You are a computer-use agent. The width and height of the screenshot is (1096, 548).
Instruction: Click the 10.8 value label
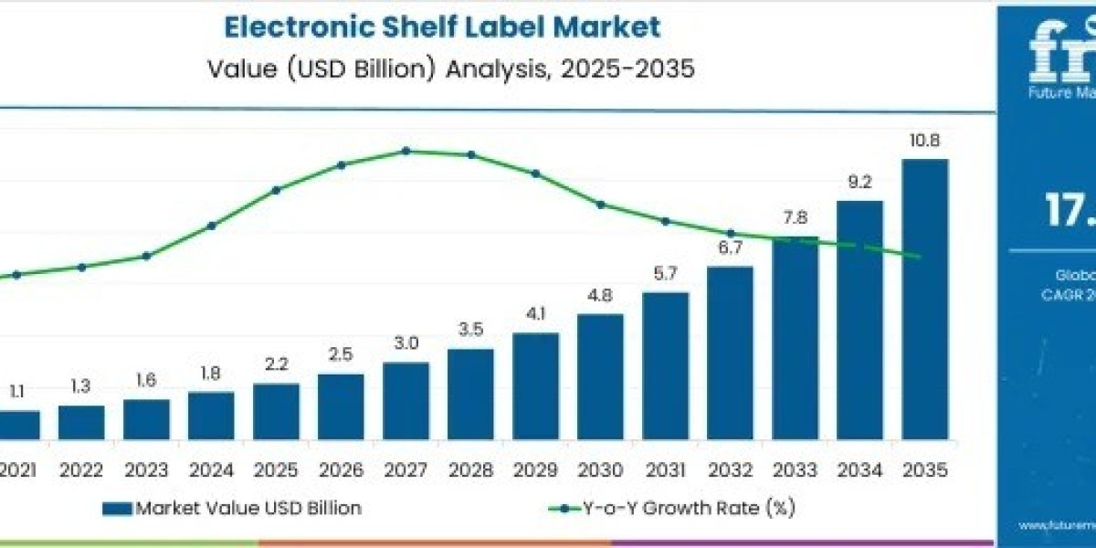click(924, 142)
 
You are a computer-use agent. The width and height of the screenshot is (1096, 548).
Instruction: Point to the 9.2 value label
click(859, 183)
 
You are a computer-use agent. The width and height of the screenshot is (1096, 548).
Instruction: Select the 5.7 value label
click(665, 273)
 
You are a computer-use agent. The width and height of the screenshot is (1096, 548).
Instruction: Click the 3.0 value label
click(406, 343)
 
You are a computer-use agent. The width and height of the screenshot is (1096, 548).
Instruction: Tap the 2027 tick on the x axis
click(406, 471)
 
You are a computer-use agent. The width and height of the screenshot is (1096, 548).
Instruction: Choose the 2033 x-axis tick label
click(795, 471)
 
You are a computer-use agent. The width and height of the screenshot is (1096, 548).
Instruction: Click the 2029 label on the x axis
click(535, 471)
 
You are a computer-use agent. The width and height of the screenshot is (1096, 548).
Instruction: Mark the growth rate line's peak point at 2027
click(406, 151)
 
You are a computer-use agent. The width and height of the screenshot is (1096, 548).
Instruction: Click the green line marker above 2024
click(212, 226)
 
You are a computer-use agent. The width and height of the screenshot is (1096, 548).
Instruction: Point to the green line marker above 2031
click(665, 221)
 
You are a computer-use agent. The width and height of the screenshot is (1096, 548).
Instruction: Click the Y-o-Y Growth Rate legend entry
click(676, 509)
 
